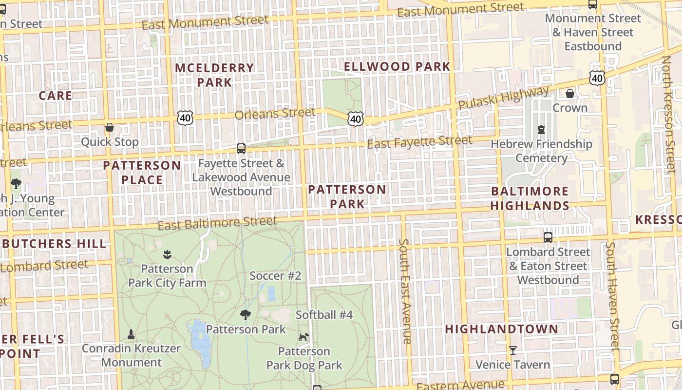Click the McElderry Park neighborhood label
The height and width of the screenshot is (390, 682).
coord(214,75)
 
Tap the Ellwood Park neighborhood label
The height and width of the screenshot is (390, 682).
coord(397,66)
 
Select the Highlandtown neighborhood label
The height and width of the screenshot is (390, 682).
coord(501,329)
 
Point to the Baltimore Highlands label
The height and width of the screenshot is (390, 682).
coord(530,198)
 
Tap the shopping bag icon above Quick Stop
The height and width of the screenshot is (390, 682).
coord(110,127)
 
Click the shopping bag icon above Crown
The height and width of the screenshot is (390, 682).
coord(569,93)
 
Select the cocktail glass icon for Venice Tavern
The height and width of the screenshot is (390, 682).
coord(512,350)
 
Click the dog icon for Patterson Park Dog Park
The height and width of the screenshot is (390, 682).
coord(304,337)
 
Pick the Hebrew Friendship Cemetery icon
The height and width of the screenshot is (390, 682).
coord(541,130)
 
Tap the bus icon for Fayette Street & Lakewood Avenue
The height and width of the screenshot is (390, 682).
coord(241,148)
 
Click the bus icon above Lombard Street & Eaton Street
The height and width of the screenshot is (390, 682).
coord(548,237)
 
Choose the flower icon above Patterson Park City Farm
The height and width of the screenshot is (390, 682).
coord(167,254)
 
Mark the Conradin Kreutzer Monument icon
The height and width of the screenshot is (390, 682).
coord(131,334)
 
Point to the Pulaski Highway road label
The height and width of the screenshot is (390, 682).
coord(503,98)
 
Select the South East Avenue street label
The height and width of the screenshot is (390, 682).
coord(405,291)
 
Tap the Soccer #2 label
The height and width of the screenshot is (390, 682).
coord(275,275)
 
